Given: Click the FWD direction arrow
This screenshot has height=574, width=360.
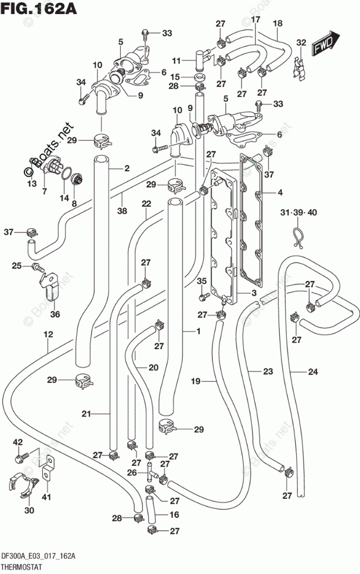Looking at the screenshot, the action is pyautogui.click(x=326, y=43).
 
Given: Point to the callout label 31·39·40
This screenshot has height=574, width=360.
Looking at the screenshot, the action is pyautogui.click(x=298, y=212).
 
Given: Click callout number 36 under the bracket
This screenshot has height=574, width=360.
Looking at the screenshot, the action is pyautogui.click(x=55, y=314).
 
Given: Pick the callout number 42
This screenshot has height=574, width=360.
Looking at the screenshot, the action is pyautogui.click(x=17, y=442).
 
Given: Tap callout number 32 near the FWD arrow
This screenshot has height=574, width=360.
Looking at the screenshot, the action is pyautogui.click(x=301, y=42).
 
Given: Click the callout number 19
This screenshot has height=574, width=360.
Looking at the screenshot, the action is pyautogui.click(x=196, y=382).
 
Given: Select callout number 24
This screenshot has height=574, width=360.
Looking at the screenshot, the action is pyautogui.click(x=313, y=372).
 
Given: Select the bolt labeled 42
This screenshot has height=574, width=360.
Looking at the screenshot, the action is pyautogui.click(x=21, y=457).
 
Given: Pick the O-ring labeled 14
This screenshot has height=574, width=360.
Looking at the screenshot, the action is pyautogui.click(x=66, y=174).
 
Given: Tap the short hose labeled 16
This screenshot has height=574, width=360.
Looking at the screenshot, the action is pyautogui.click(x=151, y=511).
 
